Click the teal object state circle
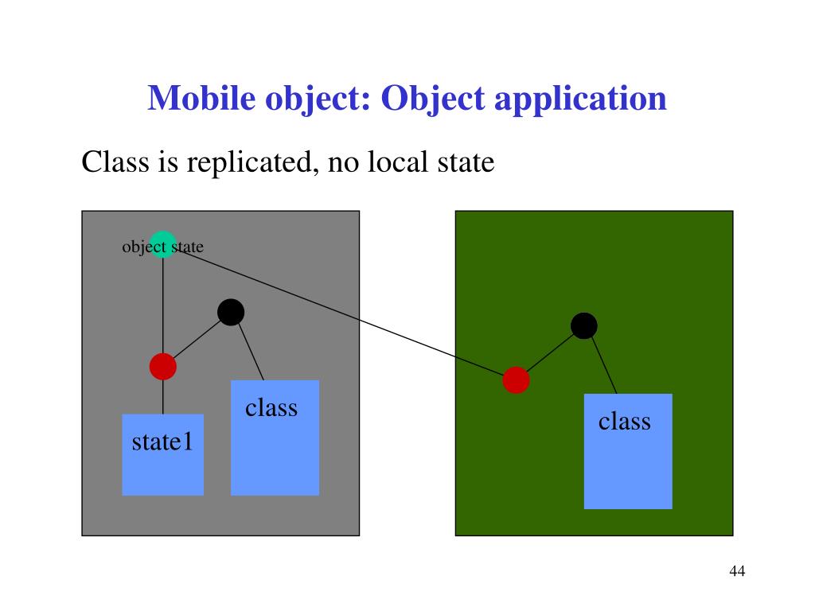point(162,244)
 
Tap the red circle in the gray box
point(162,366)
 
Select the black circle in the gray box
point(230,313)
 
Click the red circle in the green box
point(516,380)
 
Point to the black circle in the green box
point(583,325)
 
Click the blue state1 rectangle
point(162,469)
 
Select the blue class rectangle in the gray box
point(275,453)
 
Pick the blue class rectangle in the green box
point(627,469)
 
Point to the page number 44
point(736,571)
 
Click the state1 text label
point(162,442)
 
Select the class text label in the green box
point(625,421)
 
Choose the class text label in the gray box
point(271,407)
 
